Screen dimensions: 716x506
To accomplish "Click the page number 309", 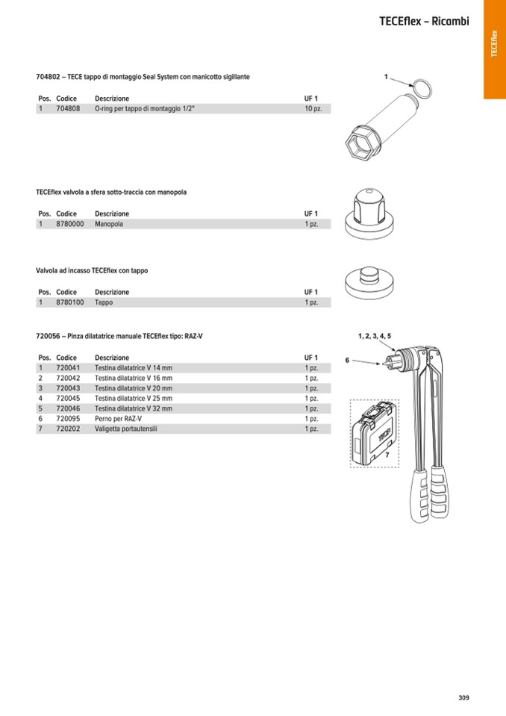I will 463,698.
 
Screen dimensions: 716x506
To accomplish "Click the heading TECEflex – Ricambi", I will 424,22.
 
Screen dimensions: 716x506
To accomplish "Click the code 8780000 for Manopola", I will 69,224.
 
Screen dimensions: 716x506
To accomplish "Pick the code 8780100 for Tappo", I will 69,302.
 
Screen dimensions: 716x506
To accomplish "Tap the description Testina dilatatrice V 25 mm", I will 134,399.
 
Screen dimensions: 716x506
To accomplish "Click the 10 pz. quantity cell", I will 313,109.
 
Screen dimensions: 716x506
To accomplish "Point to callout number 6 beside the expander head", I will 347,361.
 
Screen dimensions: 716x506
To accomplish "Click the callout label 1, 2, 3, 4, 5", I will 374,336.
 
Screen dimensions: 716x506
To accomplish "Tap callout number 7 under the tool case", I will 387,455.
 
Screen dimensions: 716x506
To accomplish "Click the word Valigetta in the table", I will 110,429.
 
